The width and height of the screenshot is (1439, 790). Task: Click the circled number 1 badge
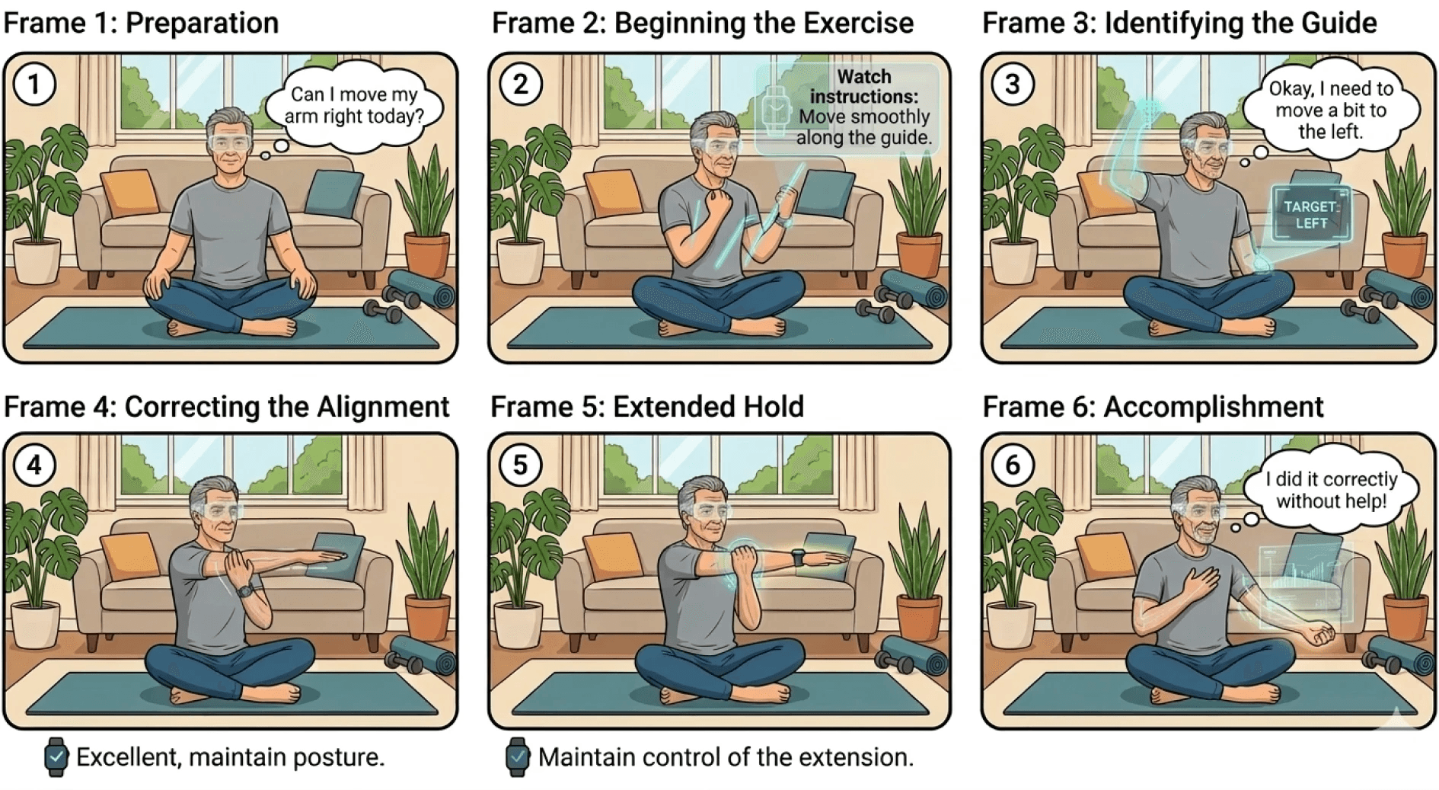pyautogui.click(x=34, y=84)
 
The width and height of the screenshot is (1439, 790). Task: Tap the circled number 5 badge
pyautogui.click(x=520, y=465)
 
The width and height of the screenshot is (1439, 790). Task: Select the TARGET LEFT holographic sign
pyautogui.click(x=1311, y=214)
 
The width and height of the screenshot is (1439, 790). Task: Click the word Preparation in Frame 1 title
pyautogui.click(x=202, y=23)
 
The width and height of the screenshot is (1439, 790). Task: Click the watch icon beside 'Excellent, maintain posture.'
pyautogui.click(x=56, y=756)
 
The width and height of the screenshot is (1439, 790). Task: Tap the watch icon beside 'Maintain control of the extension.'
pyautogui.click(x=517, y=756)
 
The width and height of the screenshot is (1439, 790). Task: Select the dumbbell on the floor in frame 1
pyautogui.click(x=381, y=309)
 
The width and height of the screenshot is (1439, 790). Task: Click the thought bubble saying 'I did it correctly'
pyautogui.click(x=1331, y=490)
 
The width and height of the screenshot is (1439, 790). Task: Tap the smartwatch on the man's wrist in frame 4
pyautogui.click(x=244, y=590)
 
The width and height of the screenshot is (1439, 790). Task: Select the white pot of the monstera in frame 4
pyautogui.click(x=35, y=625)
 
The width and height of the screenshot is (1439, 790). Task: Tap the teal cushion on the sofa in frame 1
pyautogui.click(x=333, y=191)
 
